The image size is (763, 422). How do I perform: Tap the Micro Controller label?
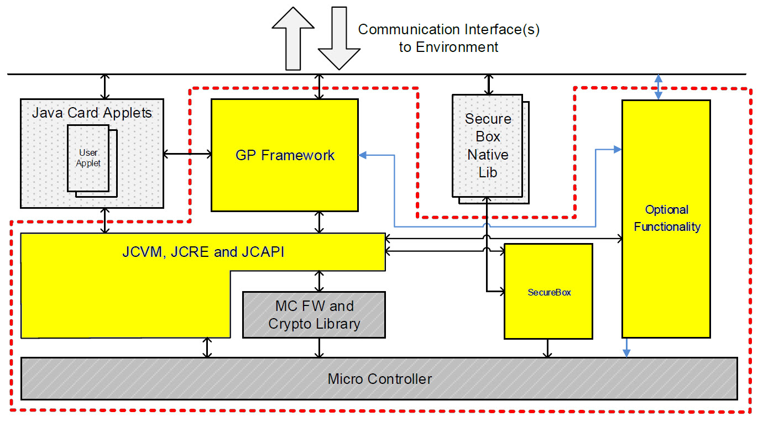click(379, 379)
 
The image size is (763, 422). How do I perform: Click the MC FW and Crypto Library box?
click(314, 315)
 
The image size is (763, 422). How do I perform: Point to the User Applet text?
click(88, 157)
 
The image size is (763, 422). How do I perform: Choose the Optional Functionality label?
click(667, 218)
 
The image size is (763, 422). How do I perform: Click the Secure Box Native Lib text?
click(488, 146)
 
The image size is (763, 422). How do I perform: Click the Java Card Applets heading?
click(92, 113)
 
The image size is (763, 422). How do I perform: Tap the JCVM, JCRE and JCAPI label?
click(203, 252)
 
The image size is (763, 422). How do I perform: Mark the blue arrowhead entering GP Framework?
click(363, 155)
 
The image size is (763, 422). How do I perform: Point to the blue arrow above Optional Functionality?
click(658, 87)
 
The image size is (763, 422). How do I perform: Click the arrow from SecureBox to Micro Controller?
click(547, 348)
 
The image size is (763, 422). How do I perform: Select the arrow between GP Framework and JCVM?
click(319, 221)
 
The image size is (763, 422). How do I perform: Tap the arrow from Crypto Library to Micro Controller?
click(319, 347)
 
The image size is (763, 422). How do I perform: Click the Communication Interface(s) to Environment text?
click(448, 38)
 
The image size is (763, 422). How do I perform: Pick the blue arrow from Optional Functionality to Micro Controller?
click(626, 347)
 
